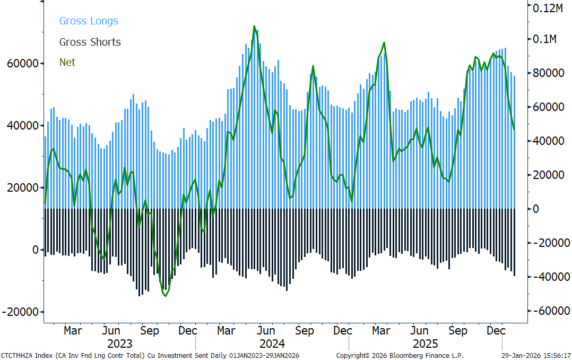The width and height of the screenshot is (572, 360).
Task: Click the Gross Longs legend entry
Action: pyautogui.click(x=89, y=21)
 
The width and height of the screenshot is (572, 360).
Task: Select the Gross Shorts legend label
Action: pyautogui.click(x=90, y=42)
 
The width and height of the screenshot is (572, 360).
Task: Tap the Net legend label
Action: pyautogui.click(x=67, y=63)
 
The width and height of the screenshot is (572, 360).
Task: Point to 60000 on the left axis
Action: pyautogui.click(x=23, y=63)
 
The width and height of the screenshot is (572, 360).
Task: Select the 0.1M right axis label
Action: pyautogui.click(x=544, y=39)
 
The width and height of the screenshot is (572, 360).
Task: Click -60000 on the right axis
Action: pyautogui.click(x=549, y=311)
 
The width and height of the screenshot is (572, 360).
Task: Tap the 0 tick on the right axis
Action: pyautogui.click(x=535, y=209)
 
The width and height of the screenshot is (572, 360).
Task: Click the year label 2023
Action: pyautogui.click(x=120, y=344)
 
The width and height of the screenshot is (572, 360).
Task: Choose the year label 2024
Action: pyautogui.click(x=272, y=344)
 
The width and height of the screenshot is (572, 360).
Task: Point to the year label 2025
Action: pyautogui.click(x=426, y=344)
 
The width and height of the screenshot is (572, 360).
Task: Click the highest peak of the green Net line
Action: pyautogui.click(x=254, y=27)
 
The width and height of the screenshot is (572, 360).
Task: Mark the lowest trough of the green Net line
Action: pyautogui.click(x=165, y=296)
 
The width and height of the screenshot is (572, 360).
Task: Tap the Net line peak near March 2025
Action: pyautogui.click(x=384, y=42)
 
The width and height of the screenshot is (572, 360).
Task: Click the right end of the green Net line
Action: pyautogui.click(x=514, y=130)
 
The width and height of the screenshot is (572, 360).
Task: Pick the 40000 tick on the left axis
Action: pyautogui.click(x=23, y=125)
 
